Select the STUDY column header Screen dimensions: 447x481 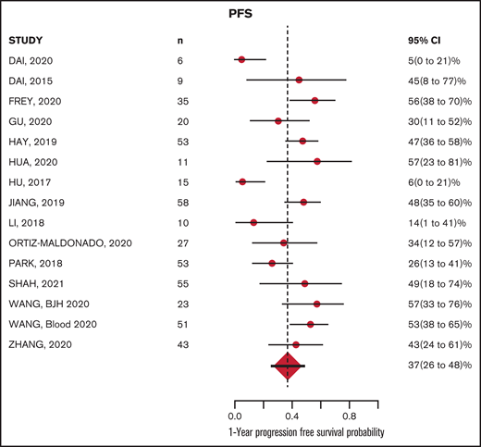(28, 41)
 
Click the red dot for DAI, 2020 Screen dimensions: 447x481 (241, 59)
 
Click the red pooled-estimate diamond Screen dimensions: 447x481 (288, 367)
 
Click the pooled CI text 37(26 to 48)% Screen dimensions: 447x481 (431, 366)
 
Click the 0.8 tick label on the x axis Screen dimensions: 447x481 (350, 418)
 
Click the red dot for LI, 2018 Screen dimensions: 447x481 (253, 222)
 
